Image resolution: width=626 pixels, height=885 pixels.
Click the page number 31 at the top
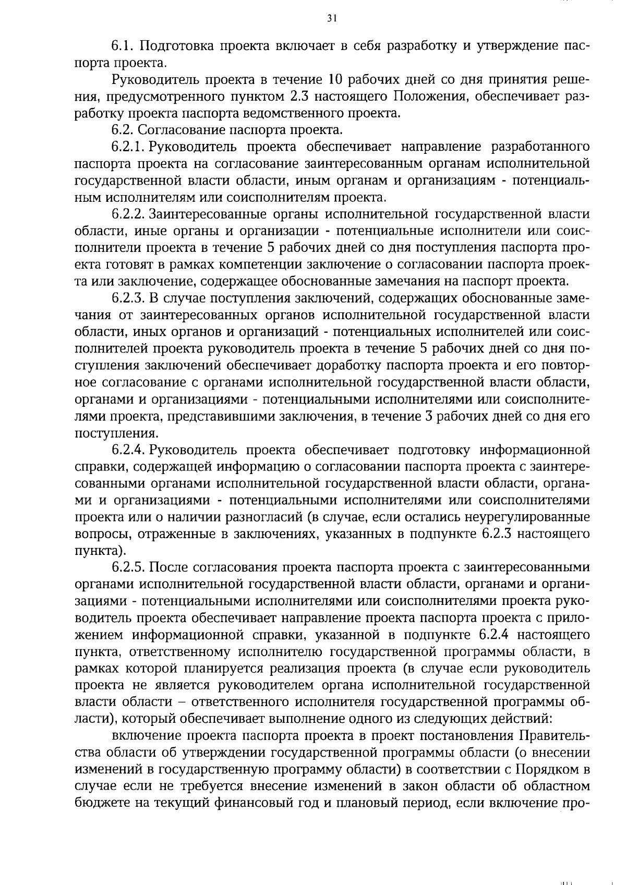coord(332,18)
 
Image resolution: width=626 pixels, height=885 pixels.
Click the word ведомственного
coord(294,113)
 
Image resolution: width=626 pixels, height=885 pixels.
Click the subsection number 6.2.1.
coord(128,147)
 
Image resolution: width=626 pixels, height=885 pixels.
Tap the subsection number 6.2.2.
coord(128,214)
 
